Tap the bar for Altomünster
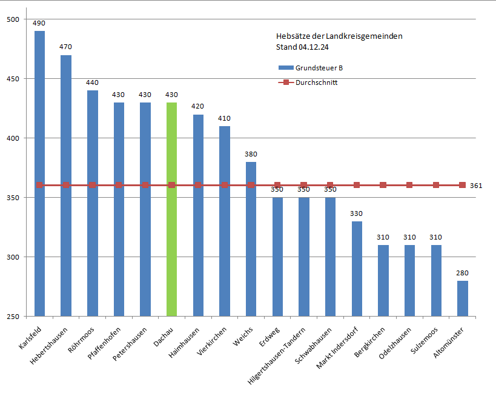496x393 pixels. [x=462, y=298]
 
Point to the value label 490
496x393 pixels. [x=39, y=23]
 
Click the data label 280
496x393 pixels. [x=462, y=273]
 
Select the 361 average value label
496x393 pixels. [x=476, y=186]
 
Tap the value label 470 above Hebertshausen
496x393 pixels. [x=66, y=46]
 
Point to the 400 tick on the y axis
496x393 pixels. [x=13, y=138]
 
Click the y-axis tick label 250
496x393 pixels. [x=13, y=317]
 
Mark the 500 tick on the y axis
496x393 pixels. [x=13, y=20]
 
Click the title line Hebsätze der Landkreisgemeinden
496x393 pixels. [x=339, y=36]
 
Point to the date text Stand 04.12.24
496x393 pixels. [x=302, y=47]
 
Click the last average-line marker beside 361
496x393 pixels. [x=462, y=185]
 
